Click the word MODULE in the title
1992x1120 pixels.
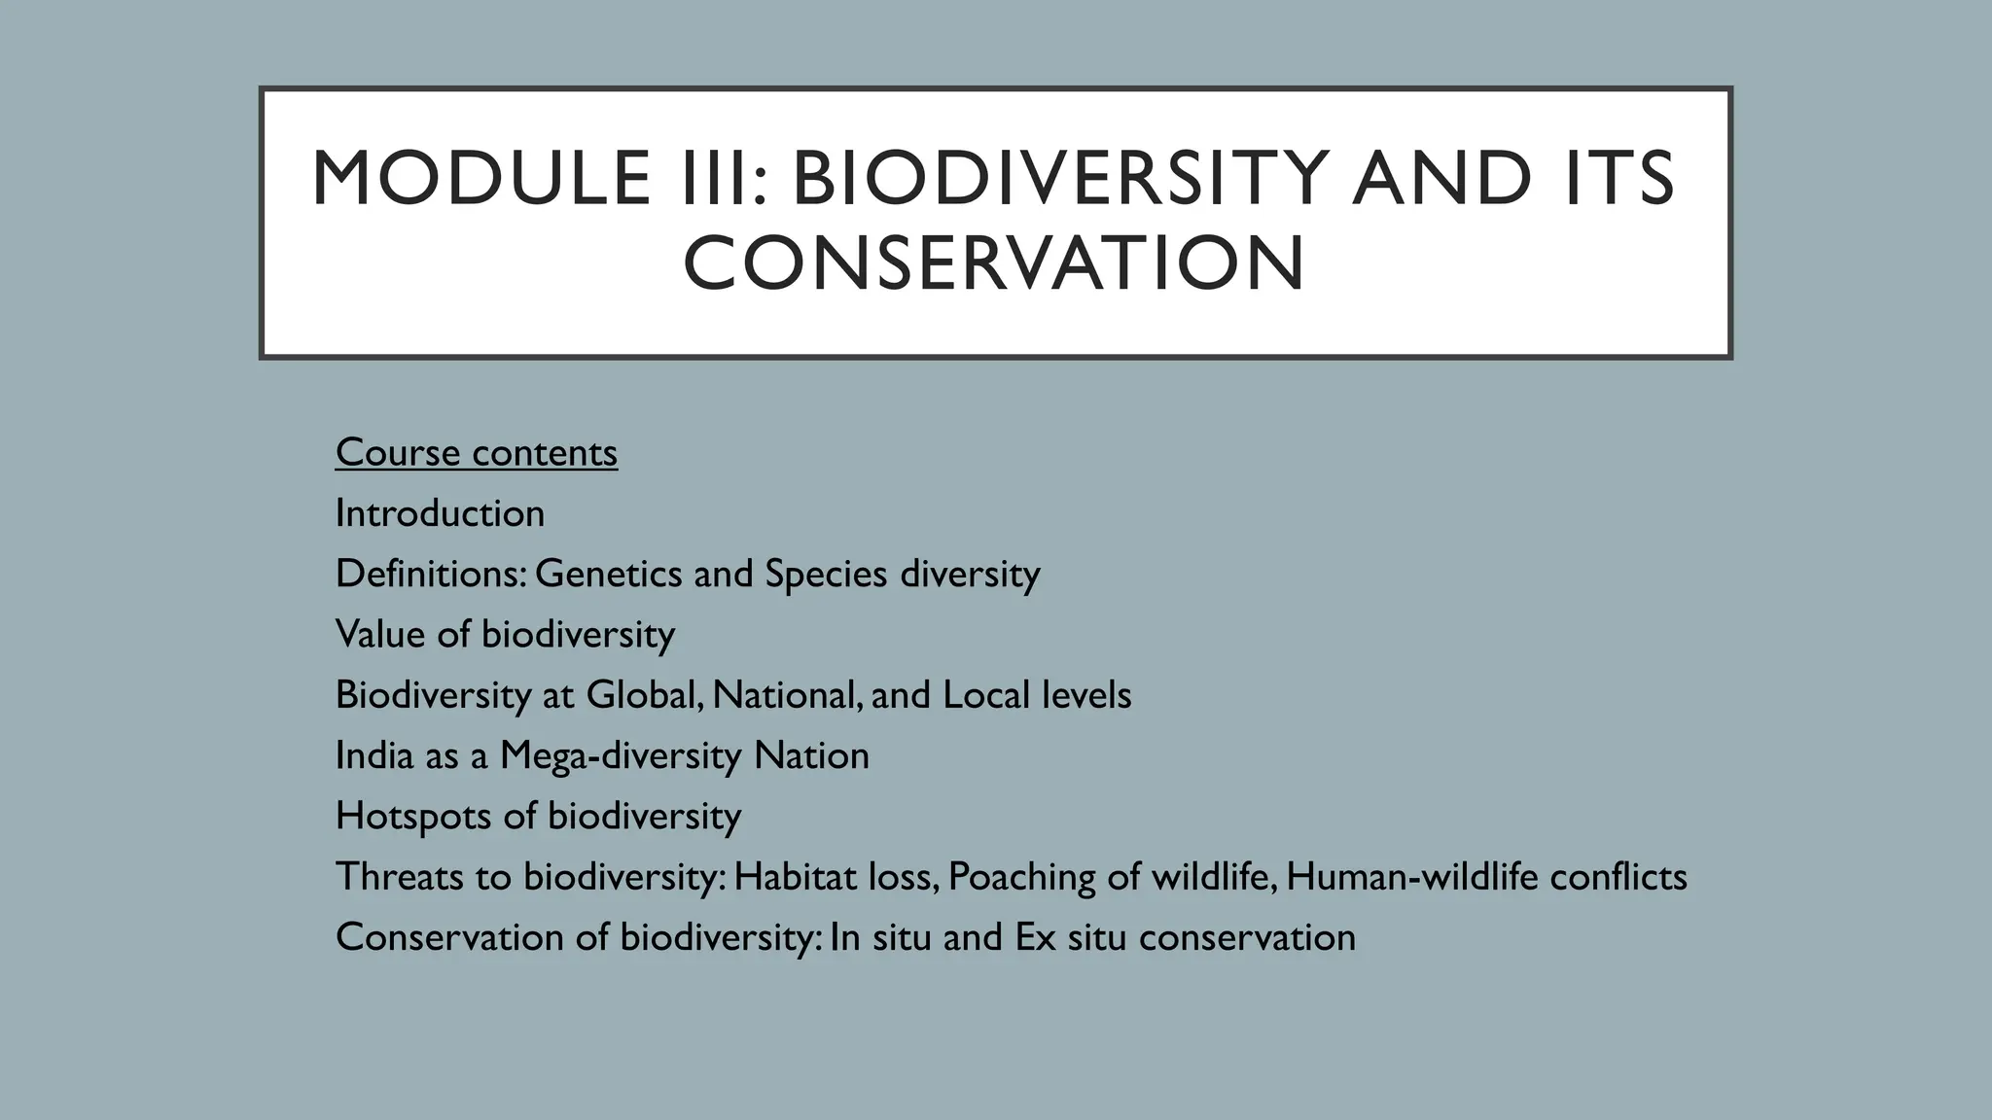(480, 179)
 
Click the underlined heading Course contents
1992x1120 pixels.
(476, 453)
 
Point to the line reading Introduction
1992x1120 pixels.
(440, 513)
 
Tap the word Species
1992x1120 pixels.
(826, 574)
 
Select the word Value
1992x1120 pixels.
(380, 634)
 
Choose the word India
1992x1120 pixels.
(374, 755)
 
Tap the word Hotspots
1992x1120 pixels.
(412, 816)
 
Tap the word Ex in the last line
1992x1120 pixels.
(1035, 937)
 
